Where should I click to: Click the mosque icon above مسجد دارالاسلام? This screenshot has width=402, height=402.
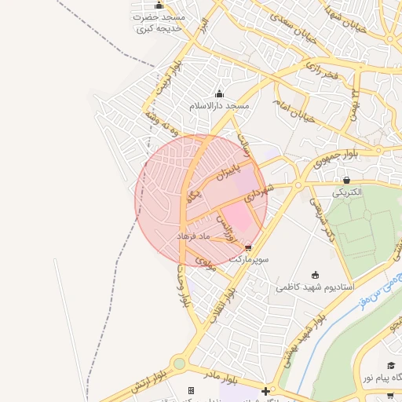coord(219,94)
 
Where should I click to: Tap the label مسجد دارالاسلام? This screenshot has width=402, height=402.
coord(219,105)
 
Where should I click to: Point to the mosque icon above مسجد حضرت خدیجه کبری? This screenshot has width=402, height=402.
coord(159,5)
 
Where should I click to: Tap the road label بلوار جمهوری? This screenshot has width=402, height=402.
coord(334,159)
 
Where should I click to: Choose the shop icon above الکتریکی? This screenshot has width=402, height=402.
coord(346,180)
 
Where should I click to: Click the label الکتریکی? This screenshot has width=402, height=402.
coord(346,192)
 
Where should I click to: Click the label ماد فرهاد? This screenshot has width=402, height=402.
coord(193,236)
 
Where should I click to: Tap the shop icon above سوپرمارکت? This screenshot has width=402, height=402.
coord(249,247)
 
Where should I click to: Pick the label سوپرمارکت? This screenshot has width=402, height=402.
coord(249,258)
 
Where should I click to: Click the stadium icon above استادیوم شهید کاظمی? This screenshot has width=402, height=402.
coord(315,275)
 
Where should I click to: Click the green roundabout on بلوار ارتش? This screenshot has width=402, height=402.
coord(180,364)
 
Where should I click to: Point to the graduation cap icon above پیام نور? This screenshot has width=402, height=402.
coord(390,366)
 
